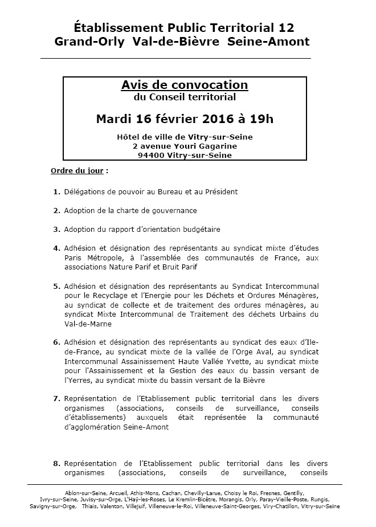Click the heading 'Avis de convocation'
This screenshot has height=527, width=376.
[x=185, y=85]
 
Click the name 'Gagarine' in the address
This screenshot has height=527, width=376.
[x=219, y=146]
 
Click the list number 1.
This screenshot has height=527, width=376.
[x=56, y=191]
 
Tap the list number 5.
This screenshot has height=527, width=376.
[x=56, y=285]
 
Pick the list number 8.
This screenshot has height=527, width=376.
[x=56, y=463]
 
